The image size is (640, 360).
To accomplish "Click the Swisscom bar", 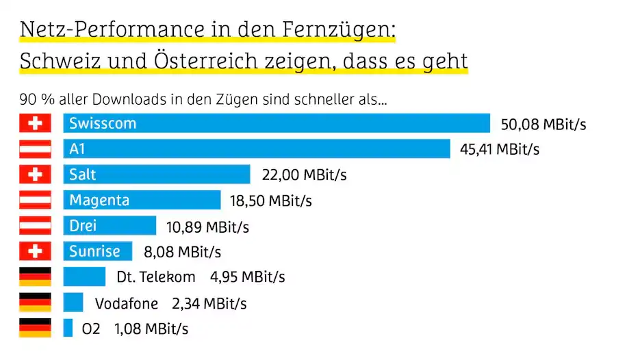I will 277,123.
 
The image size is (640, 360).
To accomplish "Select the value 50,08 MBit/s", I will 543,125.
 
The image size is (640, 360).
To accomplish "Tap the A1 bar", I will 257,149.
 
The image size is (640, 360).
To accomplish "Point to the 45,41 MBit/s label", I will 499,149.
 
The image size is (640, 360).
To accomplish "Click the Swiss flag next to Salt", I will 36,175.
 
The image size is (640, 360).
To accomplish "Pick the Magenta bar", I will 142,200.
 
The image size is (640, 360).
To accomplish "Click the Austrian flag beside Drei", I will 36,225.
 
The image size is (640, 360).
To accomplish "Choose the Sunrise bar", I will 97,251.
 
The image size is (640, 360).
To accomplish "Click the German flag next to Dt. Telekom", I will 36,277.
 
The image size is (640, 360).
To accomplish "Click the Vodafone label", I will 127,303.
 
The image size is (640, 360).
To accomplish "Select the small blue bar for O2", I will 68,329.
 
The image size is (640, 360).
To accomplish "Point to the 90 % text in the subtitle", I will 34,100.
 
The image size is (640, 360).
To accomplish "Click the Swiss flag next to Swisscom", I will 36,123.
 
